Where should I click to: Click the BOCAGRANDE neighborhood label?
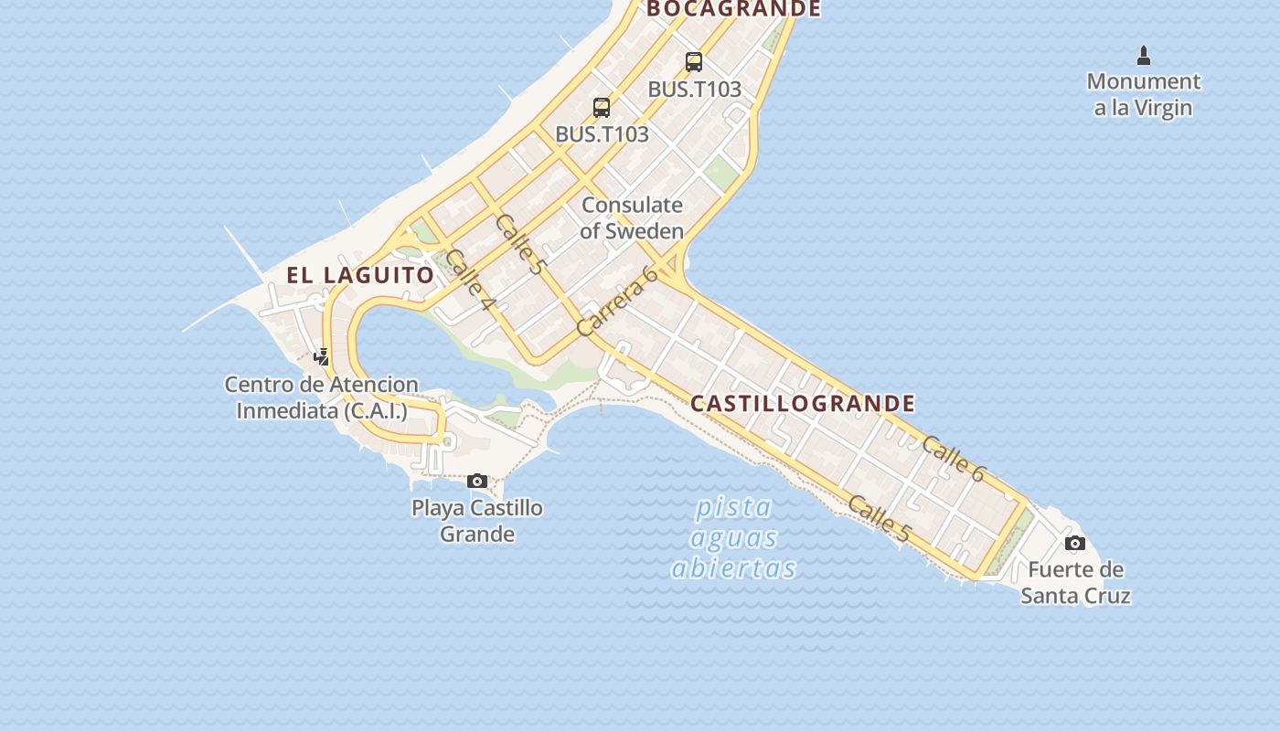pos(733,9)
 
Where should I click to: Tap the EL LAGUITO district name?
pos(360,274)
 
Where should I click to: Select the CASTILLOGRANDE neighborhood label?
pos(802,403)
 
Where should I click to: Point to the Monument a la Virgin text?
pos(1143,94)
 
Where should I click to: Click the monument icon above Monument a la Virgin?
pos(1143,56)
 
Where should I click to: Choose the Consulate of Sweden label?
pos(632,217)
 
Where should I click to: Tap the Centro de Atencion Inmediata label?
pos(322,397)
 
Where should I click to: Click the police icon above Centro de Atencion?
pos(321,356)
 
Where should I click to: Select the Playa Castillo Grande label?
pos(477,520)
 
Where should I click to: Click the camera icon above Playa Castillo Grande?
pos(476,481)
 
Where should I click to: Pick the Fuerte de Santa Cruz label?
pos(1075,582)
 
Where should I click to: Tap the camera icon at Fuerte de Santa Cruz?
pos(1075,544)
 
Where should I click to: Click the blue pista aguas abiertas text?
pos(733,537)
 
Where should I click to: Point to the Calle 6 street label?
pos(953,459)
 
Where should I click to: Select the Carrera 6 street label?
pos(617,302)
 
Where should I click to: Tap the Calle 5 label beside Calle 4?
pos(520,244)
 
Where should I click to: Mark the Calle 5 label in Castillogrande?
pos(879,518)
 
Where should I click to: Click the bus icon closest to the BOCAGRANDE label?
pos(694,62)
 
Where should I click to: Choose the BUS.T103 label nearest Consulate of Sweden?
pos(602,133)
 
